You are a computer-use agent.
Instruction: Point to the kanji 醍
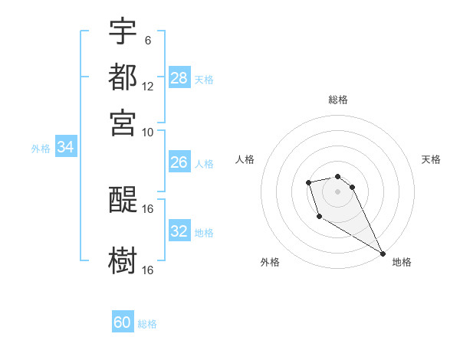pos(123,201)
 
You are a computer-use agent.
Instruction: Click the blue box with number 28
pos(179,78)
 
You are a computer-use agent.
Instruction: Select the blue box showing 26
pos(179,162)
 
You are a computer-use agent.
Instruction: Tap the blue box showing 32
pos(179,231)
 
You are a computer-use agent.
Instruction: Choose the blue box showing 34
pos(65,148)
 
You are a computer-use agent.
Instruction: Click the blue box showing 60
pos(123,322)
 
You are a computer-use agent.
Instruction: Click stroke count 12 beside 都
pos(148,87)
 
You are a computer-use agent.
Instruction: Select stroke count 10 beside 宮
pos(148,132)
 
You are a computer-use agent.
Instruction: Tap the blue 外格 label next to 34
pos(41,149)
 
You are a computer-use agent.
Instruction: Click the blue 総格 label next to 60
pos(147,324)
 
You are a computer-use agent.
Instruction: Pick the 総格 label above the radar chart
pos(338,100)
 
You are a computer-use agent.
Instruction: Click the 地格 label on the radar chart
pos(402,262)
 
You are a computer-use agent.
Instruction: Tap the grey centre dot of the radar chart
pos(337,191)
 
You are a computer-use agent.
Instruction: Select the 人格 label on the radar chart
pos(245,159)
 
